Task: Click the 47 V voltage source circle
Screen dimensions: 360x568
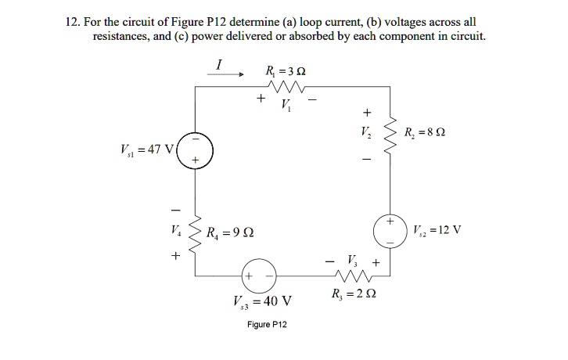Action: pyautogui.click(x=195, y=149)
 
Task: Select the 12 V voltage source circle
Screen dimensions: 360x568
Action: pyautogui.click(x=389, y=232)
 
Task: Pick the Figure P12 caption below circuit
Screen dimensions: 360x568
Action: pyautogui.click(x=268, y=324)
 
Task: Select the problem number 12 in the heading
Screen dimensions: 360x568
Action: pyautogui.click(x=71, y=21)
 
